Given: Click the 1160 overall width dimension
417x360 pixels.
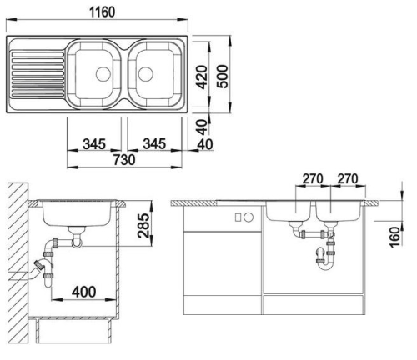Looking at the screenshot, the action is click(102, 12).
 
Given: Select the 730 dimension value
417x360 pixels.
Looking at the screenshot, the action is click(124, 160).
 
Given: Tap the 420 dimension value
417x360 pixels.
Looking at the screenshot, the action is click(202, 77).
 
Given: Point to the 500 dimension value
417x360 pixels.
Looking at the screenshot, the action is click(222, 77).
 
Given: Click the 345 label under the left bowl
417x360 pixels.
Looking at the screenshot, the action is click(94, 144).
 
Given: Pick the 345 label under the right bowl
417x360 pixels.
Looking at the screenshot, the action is click(154, 144).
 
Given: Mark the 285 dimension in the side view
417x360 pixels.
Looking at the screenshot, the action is click(143, 225).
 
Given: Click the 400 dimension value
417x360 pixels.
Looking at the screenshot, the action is click(84, 292).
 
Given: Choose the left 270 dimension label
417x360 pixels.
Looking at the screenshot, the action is click(313, 179).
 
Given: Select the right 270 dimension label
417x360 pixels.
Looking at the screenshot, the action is click(348, 179).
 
